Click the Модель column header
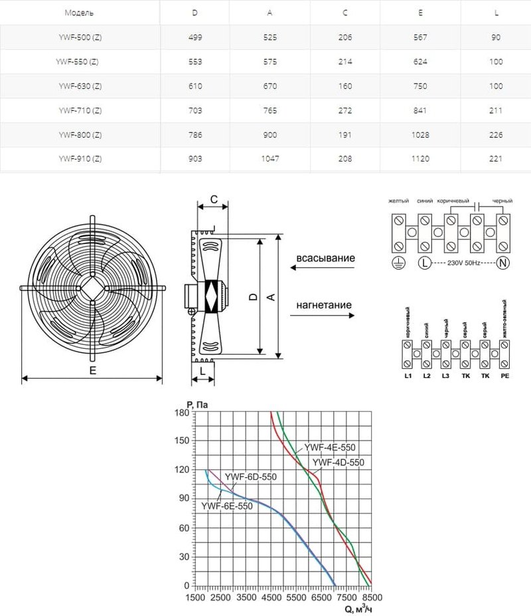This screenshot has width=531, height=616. coord(79,13)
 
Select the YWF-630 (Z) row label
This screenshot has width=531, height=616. coord(79,85)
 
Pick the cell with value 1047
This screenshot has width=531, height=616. coord(272,158)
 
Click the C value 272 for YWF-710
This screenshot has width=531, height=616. coord(346,110)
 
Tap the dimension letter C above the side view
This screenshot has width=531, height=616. coord(214,199)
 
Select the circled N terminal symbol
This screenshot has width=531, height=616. coord(502,263)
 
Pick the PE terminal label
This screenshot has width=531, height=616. coord(504,376)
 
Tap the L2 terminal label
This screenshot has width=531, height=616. coord(426,376)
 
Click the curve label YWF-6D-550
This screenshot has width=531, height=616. coord(250,476)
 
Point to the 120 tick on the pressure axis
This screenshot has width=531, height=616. coord(182,469)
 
